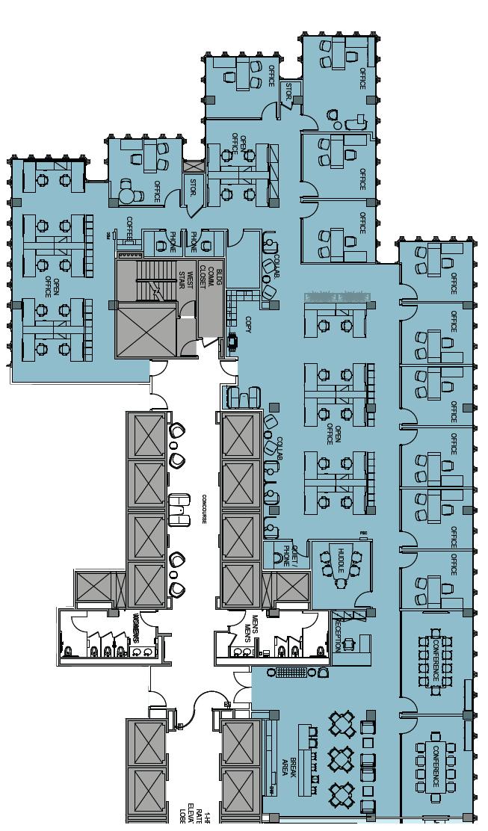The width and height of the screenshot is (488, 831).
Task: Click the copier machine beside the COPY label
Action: coord(232,342)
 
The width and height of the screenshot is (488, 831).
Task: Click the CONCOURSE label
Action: coord(203,508)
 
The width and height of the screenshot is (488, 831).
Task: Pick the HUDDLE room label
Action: coord(341,560)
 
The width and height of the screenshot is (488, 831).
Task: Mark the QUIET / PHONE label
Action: coord(290,556)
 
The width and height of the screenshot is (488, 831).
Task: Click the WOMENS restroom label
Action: coord(136,624)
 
